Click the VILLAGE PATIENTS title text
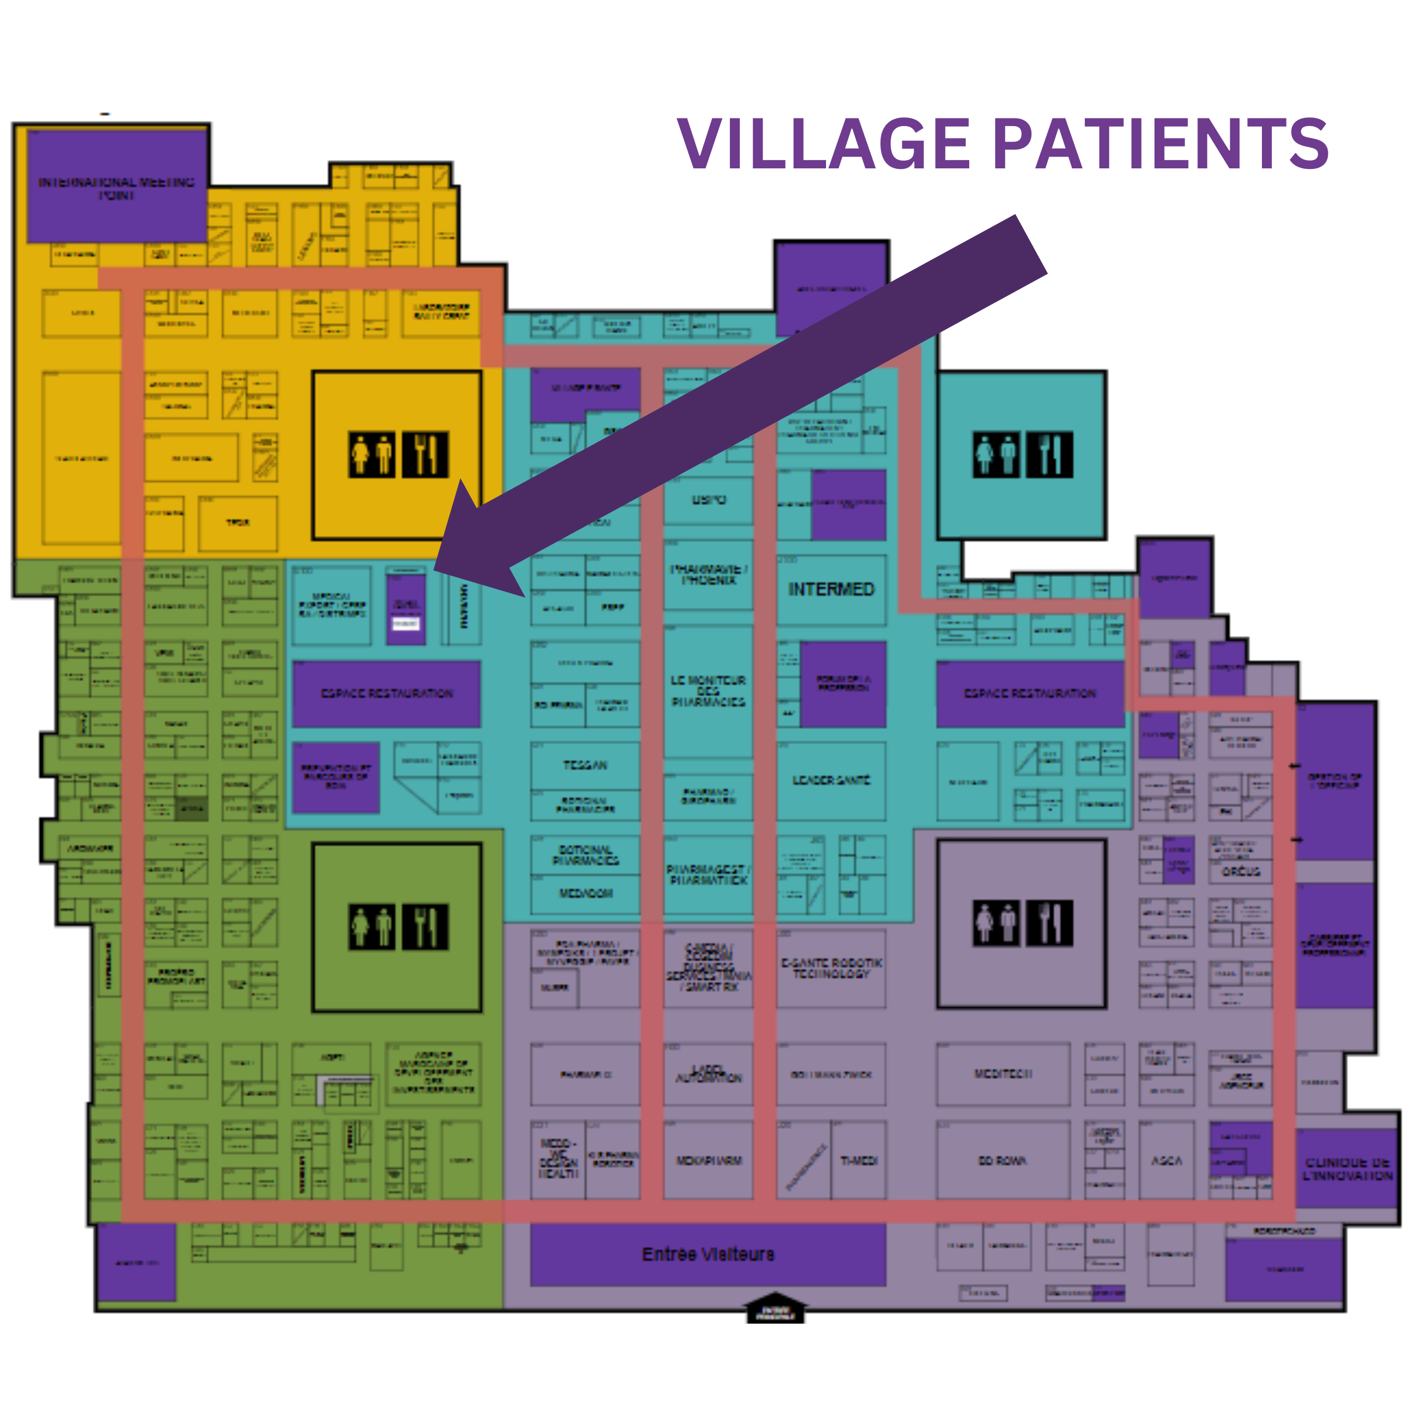pyautogui.click(x=1003, y=144)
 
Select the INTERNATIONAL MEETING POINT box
pyautogui.click(x=117, y=187)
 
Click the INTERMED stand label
pyautogui.click(x=831, y=589)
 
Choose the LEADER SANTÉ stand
pyautogui.click(x=831, y=780)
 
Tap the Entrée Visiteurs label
pyautogui.click(x=708, y=1254)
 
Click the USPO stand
pyautogui.click(x=708, y=500)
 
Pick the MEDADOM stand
pyautogui.click(x=585, y=893)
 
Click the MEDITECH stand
pyautogui.click(x=1003, y=1074)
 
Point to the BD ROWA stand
pyautogui.click(x=1003, y=1160)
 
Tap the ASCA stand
pyautogui.click(x=1166, y=1160)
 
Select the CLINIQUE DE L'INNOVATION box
pyautogui.click(x=1348, y=1169)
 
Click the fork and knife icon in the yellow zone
pyautogui.click(x=425, y=455)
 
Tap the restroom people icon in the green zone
pyautogui.click(x=372, y=927)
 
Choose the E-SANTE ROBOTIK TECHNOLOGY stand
pyautogui.click(x=831, y=968)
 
